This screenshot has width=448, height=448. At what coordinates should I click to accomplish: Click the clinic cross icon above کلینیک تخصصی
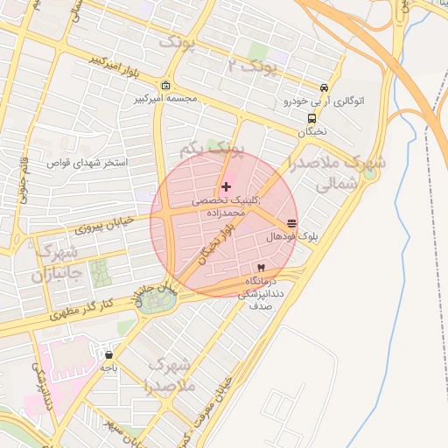227,186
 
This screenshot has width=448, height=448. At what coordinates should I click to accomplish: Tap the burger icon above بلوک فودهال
290,224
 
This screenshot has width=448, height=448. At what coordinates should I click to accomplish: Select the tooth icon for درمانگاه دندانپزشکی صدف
260,267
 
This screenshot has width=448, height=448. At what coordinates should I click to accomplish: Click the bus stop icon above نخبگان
311,118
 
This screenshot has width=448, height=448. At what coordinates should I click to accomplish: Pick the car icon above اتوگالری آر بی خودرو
324,88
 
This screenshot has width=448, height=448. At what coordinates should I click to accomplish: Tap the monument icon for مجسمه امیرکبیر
166,85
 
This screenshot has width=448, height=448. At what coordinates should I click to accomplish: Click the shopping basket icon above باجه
108,355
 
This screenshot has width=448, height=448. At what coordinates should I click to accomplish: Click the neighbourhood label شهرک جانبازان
52,262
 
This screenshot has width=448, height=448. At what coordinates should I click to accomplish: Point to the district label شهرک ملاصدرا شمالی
336,172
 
